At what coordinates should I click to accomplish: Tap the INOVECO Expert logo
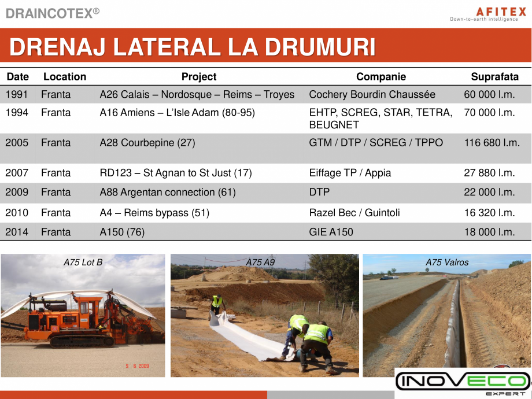(463, 382)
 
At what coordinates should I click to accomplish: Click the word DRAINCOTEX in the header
(49, 13)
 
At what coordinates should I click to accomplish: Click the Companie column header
(381, 77)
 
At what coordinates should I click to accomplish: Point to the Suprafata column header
(495, 77)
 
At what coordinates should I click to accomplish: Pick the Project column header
(199, 77)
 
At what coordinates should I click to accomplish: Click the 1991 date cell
(17, 95)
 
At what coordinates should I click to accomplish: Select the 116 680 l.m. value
(492, 143)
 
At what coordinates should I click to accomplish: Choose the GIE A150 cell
(331, 232)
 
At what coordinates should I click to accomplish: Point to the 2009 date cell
(17, 193)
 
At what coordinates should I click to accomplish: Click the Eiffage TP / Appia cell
(350, 173)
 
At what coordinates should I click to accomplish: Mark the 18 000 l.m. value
(489, 232)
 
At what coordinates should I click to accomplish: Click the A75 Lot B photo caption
(83, 263)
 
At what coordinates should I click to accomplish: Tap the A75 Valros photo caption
(447, 263)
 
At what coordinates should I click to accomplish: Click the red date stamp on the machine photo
(138, 365)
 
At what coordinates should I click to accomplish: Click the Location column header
(65, 77)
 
